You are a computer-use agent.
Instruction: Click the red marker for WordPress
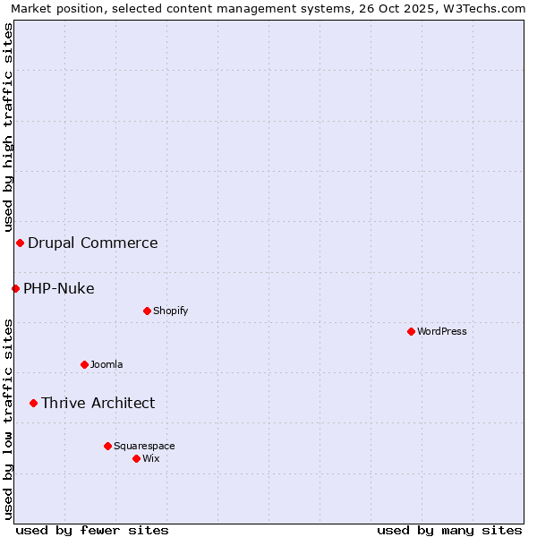click(x=411, y=331)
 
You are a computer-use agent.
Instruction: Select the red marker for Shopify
click(x=147, y=311)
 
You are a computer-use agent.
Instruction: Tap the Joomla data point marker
click(x=85, y=364)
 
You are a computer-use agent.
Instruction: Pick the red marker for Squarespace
click(x=107, y=446)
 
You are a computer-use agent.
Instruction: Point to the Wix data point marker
click(x=136, y=458)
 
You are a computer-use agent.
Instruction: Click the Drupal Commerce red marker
click(x=20, y=243)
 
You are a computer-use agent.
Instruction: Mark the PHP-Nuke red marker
click(x=15, y=288)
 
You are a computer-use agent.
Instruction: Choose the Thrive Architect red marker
click(x=33, y=403)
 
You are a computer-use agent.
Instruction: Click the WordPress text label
click(x=442, y=331)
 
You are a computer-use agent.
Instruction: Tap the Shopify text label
click(x=170, y=311)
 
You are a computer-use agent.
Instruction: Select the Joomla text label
click(x=107, y=364)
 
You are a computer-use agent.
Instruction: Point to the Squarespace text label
click(x=144, y=446)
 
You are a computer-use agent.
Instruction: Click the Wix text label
click(x=151, y=458)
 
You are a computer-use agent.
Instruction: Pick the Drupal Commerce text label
click(x=93, y=243)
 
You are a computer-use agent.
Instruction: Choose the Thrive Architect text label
click(x=98, y=403)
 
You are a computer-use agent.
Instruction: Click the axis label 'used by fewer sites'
click(x=92, y=530)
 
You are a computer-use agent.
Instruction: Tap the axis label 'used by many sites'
click(x=449, y=530)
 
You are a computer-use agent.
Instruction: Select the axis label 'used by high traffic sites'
click(x=8, y=127)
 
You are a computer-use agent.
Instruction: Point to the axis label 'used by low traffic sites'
click(x=8, y=419)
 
